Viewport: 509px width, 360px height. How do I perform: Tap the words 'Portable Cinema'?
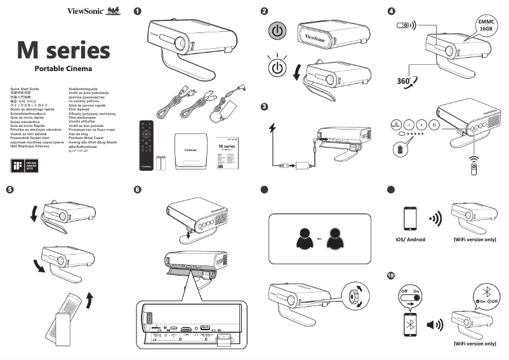pos(63,69)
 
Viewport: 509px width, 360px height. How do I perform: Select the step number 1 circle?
pos(138,11)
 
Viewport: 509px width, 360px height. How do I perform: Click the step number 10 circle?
pos(392,276)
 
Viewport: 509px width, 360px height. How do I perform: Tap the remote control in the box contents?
pos(147,144)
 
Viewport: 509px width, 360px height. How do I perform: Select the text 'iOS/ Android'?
pos(406,239)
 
